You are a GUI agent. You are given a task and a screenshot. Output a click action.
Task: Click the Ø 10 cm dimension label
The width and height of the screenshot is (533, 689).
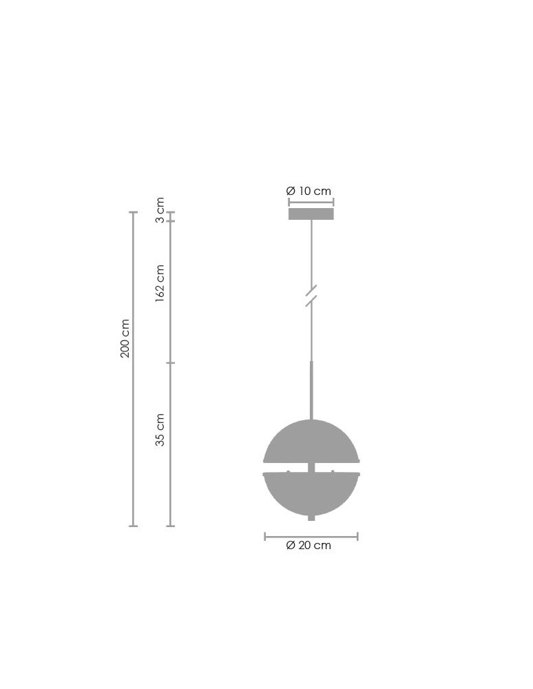[x=309, y=191]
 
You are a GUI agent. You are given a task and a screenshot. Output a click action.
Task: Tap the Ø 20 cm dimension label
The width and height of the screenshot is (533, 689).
[x=309, y=545]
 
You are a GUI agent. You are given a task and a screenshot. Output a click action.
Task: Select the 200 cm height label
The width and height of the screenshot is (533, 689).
[x=125, y=338]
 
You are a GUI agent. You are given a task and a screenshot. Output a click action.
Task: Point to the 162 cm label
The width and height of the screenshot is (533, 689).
[x=160, y=283]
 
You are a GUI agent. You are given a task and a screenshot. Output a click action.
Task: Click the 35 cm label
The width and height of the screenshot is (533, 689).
[x=160, y=430]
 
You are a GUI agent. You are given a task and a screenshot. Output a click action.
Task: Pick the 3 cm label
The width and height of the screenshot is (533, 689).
[x=160, y=210]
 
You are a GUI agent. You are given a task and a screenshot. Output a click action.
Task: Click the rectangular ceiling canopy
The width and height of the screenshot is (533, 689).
[x=311, y=214]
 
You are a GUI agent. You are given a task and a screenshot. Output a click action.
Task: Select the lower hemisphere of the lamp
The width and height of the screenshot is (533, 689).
[x=311, y=493]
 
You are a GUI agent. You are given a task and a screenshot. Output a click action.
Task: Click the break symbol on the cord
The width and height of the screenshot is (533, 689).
[x=311, y=295]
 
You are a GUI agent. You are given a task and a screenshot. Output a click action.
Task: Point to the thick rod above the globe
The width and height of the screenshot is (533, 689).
[x=311, y=389]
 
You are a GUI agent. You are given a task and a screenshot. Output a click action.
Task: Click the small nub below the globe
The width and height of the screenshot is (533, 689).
[x=311, y=517]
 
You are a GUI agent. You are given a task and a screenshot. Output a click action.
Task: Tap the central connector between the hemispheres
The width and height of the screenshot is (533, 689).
[x=311, y=467]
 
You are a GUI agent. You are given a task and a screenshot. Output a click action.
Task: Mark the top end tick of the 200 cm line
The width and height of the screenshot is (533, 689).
[x=134, y=212]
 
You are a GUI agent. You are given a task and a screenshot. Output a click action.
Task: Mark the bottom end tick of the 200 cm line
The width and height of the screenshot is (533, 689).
[x=134, y=526]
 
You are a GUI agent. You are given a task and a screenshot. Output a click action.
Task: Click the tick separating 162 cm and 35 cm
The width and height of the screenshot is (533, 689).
[x=171, y=362]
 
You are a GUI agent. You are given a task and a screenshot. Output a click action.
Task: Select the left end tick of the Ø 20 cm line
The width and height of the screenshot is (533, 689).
[x=265, y=536]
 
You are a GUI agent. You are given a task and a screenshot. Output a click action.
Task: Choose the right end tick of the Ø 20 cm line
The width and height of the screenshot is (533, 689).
[x=357, y=536]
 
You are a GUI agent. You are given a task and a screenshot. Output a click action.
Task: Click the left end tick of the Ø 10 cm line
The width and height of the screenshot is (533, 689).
[x=289, y=203]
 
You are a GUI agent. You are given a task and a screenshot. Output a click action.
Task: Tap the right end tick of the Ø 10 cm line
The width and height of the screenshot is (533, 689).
[x=333, y=203]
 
